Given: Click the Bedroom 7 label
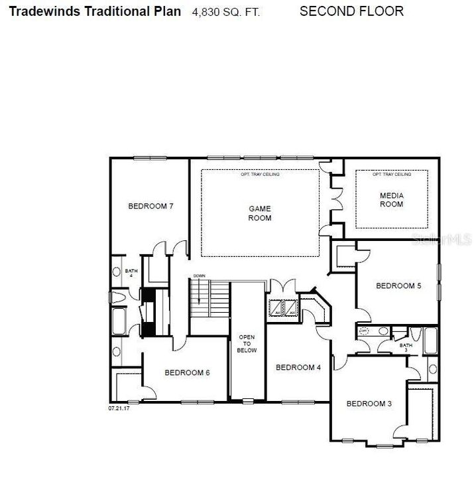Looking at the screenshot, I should tap(150, 206).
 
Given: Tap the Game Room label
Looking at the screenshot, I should tap(259, 213).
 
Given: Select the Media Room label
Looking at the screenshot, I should tap(391, 199).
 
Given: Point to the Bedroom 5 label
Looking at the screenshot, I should tap(398, 286).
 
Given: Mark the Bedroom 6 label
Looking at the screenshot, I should tap(187, 373).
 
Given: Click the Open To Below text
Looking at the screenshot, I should tap(247, 343).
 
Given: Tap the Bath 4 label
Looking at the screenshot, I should tap(131, 273).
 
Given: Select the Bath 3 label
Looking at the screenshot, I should tap(405, 347).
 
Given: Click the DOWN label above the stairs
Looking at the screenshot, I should tap(199, 276).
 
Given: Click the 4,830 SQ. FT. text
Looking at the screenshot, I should tap(226, 13).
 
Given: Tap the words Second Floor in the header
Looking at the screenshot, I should tap(351, 11).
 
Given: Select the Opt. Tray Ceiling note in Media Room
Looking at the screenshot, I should tap(391, 175).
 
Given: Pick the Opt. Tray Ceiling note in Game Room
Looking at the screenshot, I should tap(260, 175).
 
